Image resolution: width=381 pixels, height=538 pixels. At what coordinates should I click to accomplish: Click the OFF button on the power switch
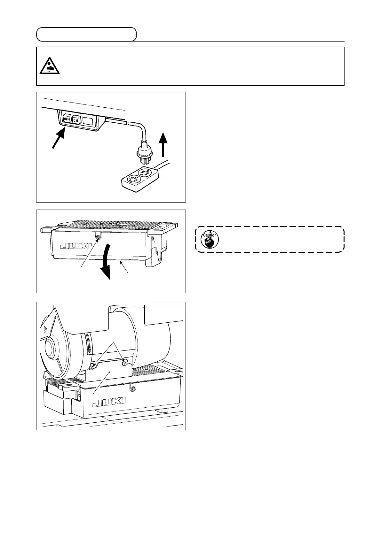click(67, 119)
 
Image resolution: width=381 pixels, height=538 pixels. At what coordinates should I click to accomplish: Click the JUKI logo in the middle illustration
click(75, 246)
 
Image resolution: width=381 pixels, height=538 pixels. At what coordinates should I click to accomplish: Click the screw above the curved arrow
click(99, 237)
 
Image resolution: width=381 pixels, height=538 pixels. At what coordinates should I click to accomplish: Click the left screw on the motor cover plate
click(92, 368)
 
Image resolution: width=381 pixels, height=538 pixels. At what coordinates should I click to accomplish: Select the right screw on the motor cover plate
click(124, 363)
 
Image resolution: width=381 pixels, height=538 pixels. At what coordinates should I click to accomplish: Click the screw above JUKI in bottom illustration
click(132, 388)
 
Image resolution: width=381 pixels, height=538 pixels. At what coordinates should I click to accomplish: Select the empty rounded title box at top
click(86, 35)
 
